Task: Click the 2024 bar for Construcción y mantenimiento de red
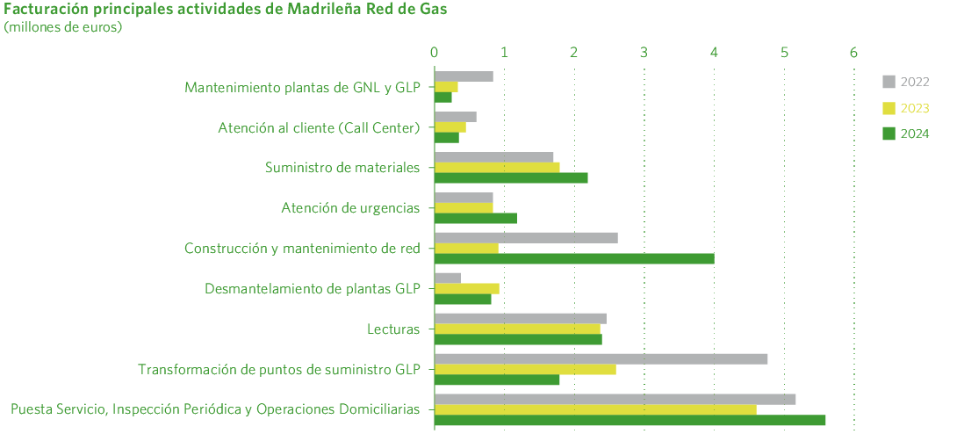pyautogui.click(x=574, y=258)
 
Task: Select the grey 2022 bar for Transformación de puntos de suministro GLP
pyautogui.click(x=601, y=358)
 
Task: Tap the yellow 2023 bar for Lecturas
pyautogui.click(x=517, y=329)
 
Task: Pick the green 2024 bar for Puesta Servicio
pyautogui.click(x=630, y=420)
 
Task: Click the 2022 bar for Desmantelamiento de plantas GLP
pyautogui.click(x=448, y=278)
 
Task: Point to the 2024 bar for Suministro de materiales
pyautogui.click(x=511, y=177)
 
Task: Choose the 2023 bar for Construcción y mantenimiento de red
pyautogui.click(x=466, y=248)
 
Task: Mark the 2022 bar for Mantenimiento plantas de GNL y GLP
pyautogui.click(x=464, y=76)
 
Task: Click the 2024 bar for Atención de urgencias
pyautogui.click(x=476, y=218)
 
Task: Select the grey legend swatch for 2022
pyautogui.click(x=888, y=83)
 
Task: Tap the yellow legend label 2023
pyautogui.click(x=915, y=108)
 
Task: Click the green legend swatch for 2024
pyautogui.click(x=888, y=134)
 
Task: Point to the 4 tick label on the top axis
pyautogui.click(x=715, y=52)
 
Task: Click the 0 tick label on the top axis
pyautogui.click(x=434, y=52)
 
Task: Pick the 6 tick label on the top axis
pyautogui.click(x=853, y=52)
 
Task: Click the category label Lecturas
pyautogui.click(x=393, y=329)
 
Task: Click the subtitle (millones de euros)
pyautogui.click(x=63, y=27)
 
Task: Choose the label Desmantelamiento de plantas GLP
pyautogui.click(x=313, y=288)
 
